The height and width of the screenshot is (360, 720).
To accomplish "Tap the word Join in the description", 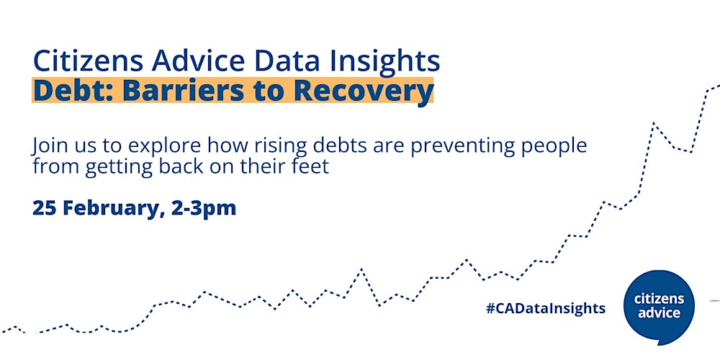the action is (49, 147).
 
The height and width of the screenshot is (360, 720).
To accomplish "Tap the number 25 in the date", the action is (45, 208).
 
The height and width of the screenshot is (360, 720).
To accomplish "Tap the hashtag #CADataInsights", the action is (546, 308).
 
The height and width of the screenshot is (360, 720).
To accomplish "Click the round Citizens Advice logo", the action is (659, 306).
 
